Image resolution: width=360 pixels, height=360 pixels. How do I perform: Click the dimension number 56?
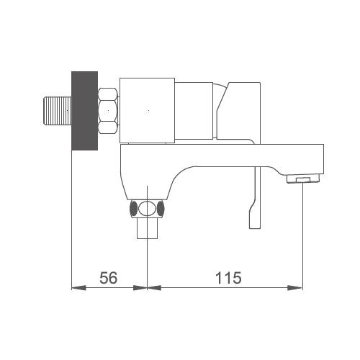pos(109,278)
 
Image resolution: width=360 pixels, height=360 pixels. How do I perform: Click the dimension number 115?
pos(228,278)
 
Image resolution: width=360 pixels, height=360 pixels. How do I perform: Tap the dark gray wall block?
pos(85,111)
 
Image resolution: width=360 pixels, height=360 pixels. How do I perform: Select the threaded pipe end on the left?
pos(58,111)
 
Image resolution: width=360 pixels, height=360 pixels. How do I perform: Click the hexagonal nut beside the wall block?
pos(108,111)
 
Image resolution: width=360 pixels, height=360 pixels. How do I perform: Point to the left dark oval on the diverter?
pos(133,208)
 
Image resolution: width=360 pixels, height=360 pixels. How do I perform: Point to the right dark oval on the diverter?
pos(161,208)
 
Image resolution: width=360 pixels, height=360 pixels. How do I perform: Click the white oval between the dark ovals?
pos(147,208)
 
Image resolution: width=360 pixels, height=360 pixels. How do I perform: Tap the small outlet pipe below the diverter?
pos(147,228)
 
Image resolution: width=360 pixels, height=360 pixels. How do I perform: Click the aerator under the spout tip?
pos(304,179)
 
